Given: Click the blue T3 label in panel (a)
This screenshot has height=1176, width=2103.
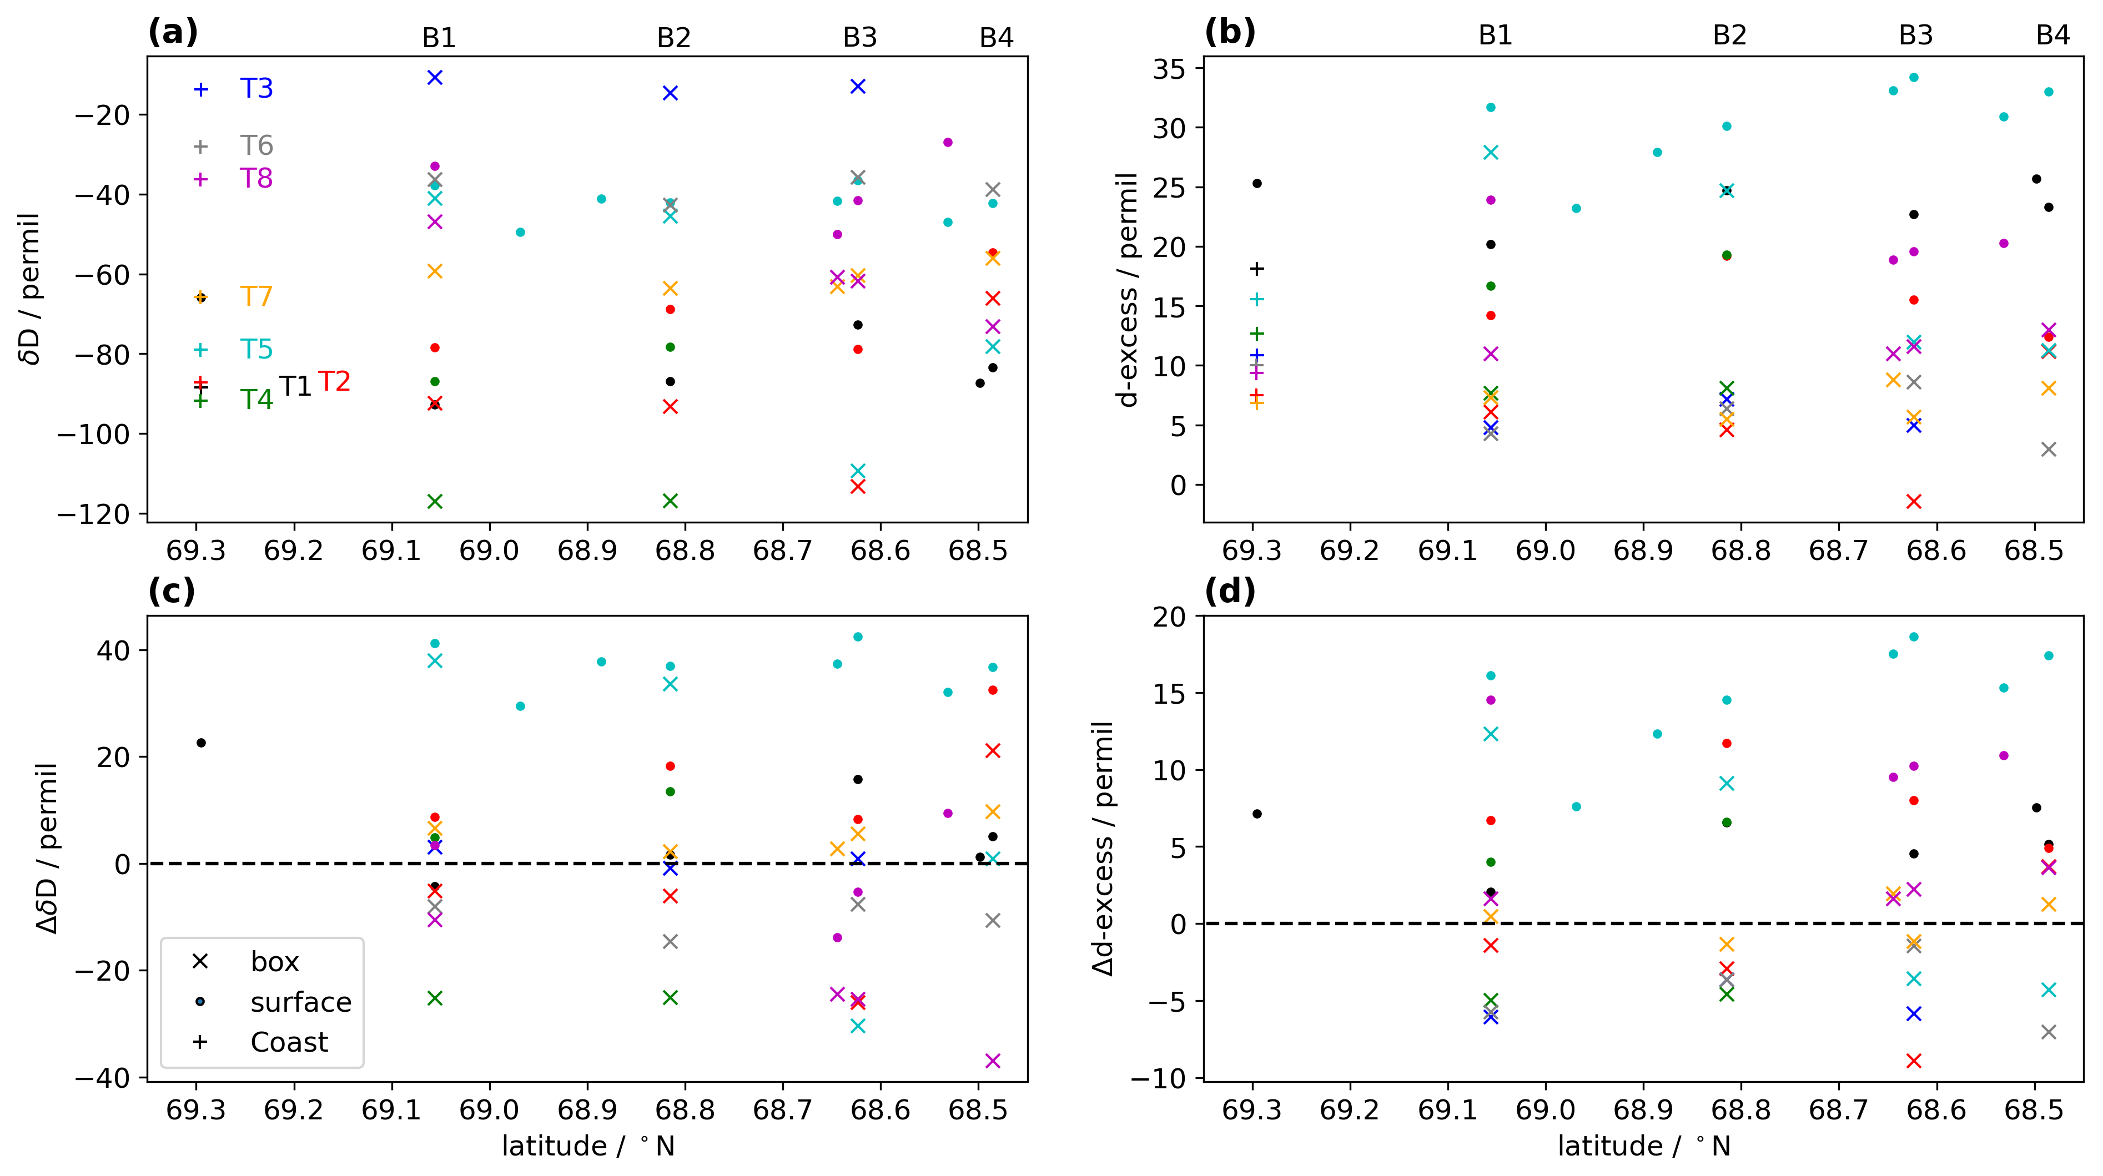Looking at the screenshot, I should click(x=256, y=88).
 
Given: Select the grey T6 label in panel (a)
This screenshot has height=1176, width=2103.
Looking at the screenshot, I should click(x=256, y=145).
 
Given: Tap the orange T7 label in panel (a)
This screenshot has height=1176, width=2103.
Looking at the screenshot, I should click(x=256, y=296).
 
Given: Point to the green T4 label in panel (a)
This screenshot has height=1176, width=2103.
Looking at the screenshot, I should click(x=256, y=399).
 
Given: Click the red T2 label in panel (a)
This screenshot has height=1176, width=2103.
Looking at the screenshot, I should click(x=334, y=381).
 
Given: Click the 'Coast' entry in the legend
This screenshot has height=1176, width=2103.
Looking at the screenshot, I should click(x=289, y=1042).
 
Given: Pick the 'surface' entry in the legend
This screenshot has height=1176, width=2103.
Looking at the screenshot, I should click(x=300, y=1002).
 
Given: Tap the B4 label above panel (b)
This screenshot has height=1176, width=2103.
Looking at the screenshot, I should click(x=2052, y=35).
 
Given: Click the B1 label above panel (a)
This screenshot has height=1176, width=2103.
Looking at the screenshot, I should click(x=439, y=38).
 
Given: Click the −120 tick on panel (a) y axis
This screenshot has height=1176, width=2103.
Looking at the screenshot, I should click(x=92, y=514).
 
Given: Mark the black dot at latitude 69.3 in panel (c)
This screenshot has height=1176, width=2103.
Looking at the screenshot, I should click(x=201, y=743).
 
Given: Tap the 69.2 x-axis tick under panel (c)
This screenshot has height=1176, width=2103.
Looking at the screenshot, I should click(x=293, y=1110).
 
